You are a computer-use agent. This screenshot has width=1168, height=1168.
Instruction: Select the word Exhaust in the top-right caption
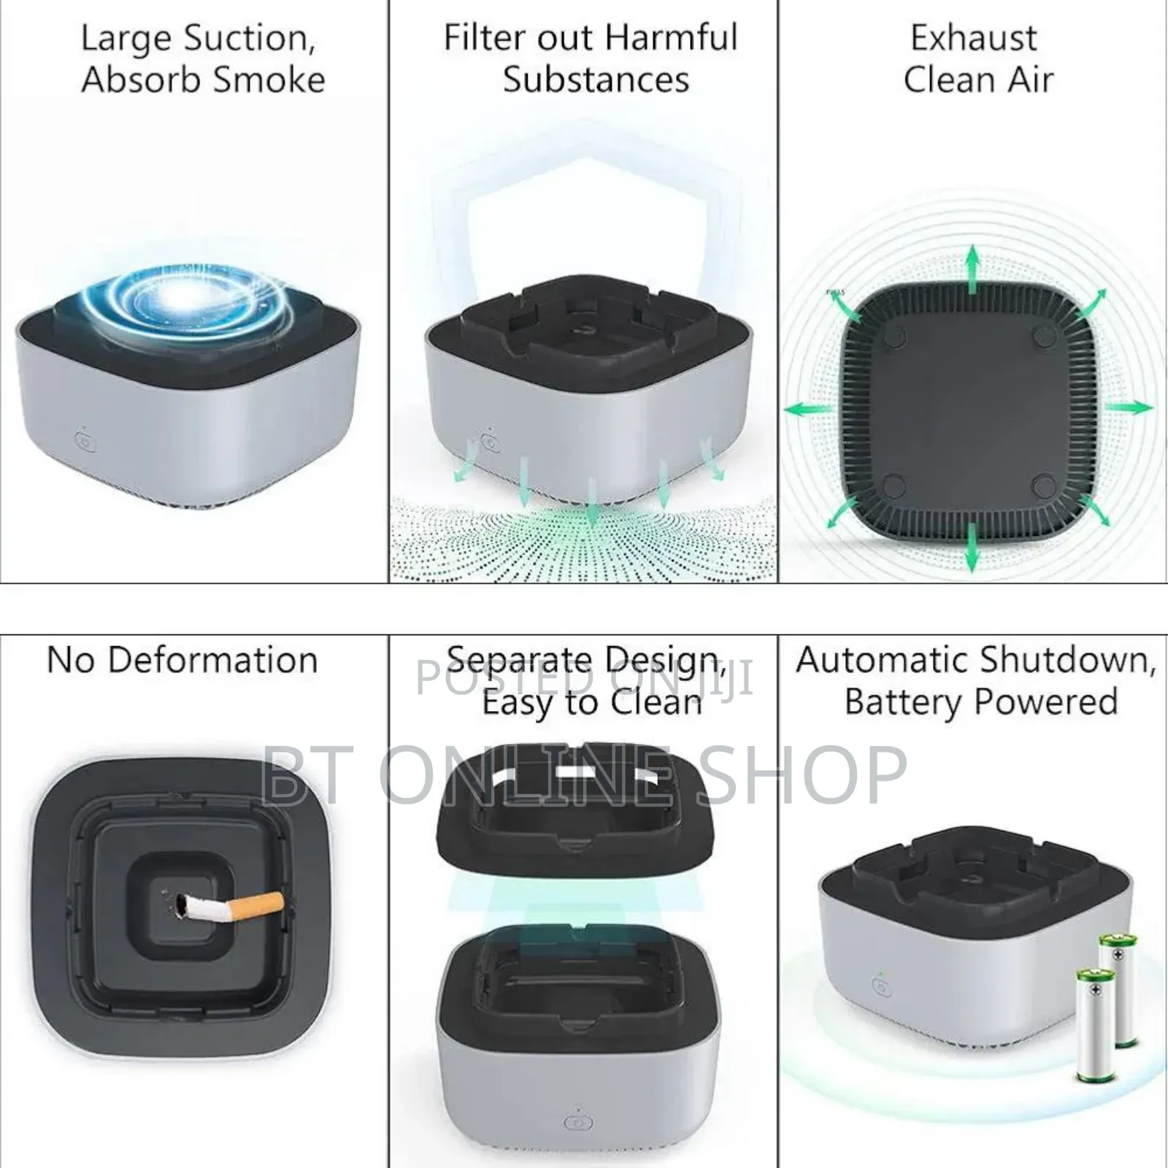tap(973, 38)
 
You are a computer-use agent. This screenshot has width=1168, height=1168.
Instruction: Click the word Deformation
tap(212, 660)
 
